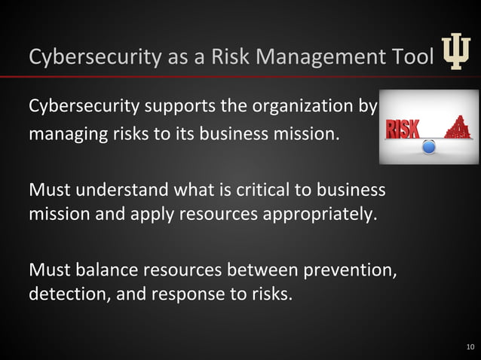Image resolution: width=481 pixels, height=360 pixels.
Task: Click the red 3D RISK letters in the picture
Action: tap(403, 129)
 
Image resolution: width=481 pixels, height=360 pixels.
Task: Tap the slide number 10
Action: tap(470, 347)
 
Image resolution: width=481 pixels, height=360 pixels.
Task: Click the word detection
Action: tap(69, 293)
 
